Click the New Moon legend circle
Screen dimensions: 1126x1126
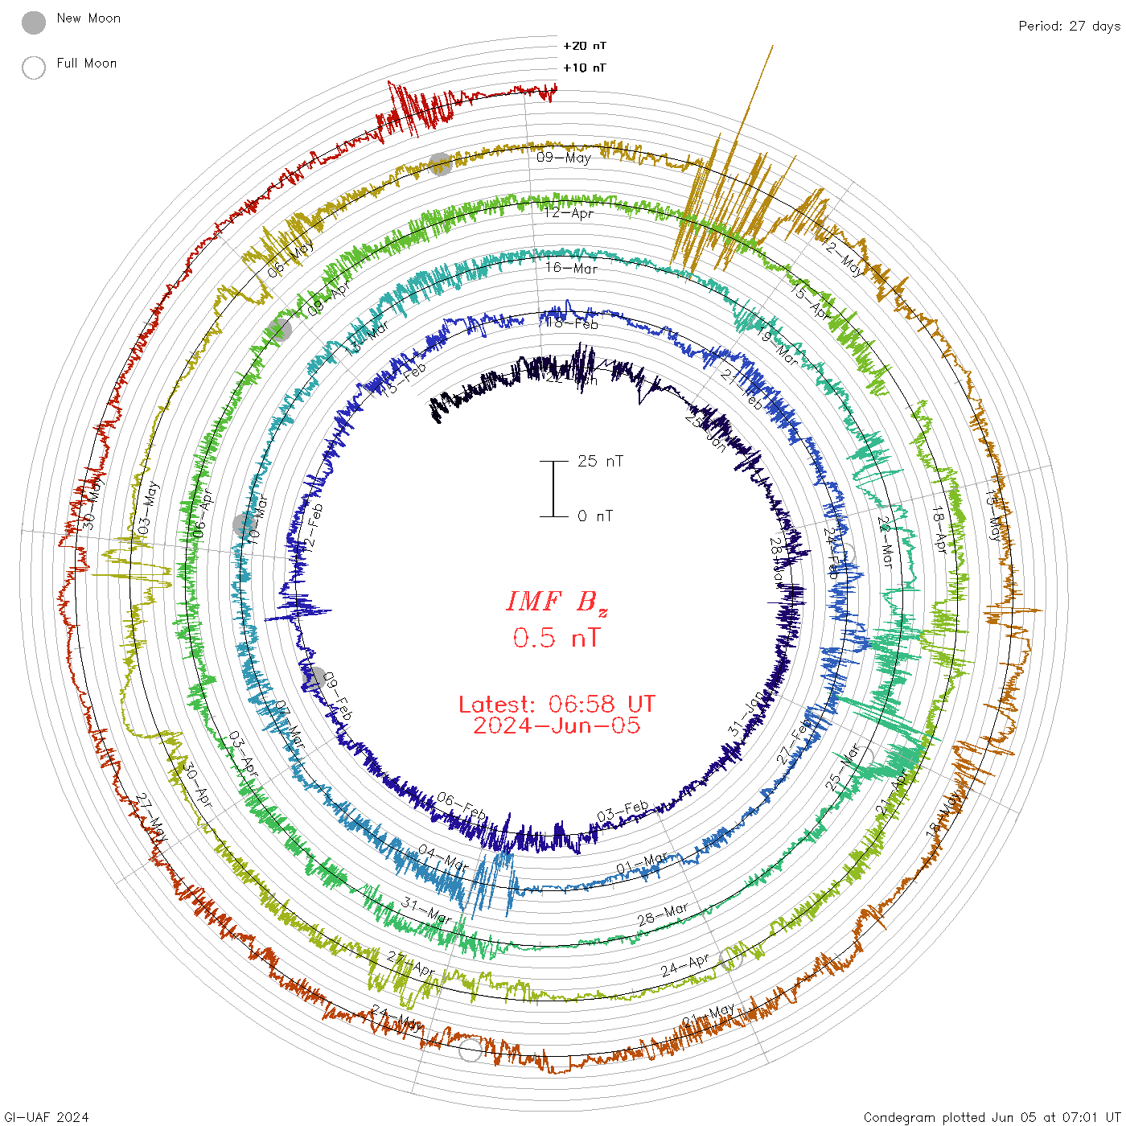(34, 23)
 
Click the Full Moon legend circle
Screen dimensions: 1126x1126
(34, 68)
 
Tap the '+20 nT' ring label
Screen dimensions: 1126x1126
(585, 46)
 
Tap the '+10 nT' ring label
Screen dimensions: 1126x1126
(585, 68)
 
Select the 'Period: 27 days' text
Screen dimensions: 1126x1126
(1069, 26)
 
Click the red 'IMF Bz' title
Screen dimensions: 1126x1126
(557, 602)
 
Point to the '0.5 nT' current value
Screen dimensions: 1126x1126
(557, 639)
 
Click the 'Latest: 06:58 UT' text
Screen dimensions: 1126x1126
(557, 705)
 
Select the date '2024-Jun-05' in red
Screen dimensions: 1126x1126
(557, 725)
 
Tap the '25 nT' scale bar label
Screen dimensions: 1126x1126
(600, 462)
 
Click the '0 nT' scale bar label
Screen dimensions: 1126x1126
(594, 516)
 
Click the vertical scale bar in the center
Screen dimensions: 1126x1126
(553, 489)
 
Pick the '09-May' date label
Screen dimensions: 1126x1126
(564, 158)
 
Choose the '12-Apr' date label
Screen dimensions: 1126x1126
(569, 213)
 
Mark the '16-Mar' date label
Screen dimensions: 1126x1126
(572, 268)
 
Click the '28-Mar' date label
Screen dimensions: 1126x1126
(663, 914)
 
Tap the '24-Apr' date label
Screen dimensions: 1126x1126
(685, 965)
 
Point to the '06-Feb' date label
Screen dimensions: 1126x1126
(462, 806)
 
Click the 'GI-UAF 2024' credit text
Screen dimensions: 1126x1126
(46, 1117)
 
